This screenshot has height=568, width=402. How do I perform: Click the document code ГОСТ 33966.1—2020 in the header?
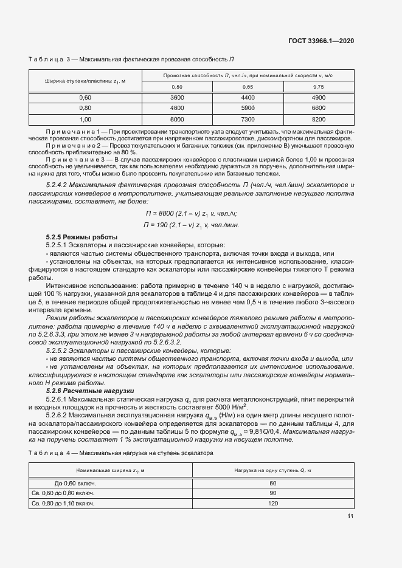coord(321,41)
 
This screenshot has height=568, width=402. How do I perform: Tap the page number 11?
coord(350,516)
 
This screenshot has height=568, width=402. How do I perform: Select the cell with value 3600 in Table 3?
coord(176,98)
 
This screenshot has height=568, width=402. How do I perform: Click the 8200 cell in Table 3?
coord(319,119)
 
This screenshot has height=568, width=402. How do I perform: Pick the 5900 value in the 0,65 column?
coord(248,108)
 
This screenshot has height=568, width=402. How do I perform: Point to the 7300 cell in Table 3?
coord(248,119)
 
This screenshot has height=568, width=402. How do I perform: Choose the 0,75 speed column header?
coord(319,87)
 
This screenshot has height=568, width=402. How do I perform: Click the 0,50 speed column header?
coord(176,87)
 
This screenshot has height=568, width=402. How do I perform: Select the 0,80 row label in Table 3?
coord(85,108)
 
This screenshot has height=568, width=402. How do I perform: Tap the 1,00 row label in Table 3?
coord(85,119)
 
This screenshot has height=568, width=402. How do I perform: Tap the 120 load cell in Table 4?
coord(272,504)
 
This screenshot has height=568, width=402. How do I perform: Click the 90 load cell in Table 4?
coord(272,493)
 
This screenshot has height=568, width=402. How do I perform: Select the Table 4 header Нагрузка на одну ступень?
coord(272,470)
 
